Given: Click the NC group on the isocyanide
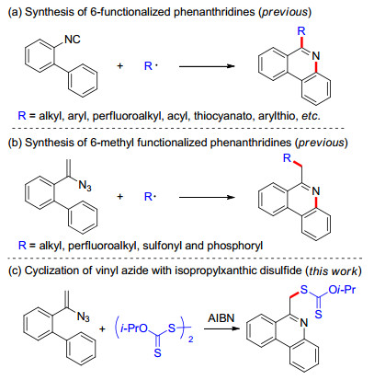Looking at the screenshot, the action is [73, 40].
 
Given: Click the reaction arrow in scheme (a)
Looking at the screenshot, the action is [207, 66].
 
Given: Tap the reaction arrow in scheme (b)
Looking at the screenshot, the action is [207, 197].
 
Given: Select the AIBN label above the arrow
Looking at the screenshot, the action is [221, 317].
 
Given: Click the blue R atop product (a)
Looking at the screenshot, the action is [301, 30].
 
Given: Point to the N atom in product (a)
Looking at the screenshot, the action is [316, 56].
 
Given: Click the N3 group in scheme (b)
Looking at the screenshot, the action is [85, 186].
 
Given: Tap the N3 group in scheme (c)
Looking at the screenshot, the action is [83, 317].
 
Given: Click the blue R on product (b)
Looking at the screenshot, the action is [287, 158].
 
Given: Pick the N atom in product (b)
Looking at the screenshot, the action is [316, 191].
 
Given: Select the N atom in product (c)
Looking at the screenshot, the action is [303, 322].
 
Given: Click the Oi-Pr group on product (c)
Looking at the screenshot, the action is [342, 289].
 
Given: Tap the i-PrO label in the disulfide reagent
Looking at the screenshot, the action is [134, 328].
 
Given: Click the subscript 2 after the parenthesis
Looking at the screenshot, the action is [191, 340].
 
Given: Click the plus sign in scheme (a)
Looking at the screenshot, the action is [120, 65].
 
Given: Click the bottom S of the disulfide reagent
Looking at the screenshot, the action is [157, 353].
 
